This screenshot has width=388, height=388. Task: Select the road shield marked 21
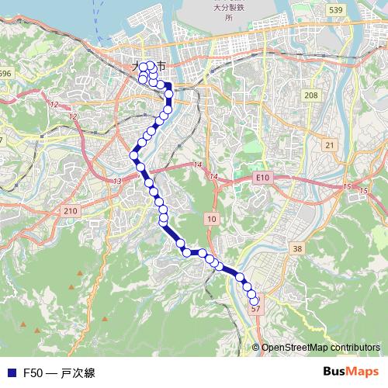click(x=330, y=145)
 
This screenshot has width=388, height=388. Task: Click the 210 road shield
click(x=71, y=210)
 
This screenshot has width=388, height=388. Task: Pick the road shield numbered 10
click(x=211, y=220)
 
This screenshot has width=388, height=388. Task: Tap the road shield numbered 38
click(x=297, y=248)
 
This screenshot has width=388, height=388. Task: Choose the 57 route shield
click(x=257, y=308)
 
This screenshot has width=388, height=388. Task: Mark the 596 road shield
click(x=5, y=74)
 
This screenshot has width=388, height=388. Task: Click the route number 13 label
click(x=117, y=181)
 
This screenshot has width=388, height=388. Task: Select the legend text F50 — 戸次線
click(x=59, y=373)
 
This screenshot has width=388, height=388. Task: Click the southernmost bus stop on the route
click(x=254, y=300)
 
